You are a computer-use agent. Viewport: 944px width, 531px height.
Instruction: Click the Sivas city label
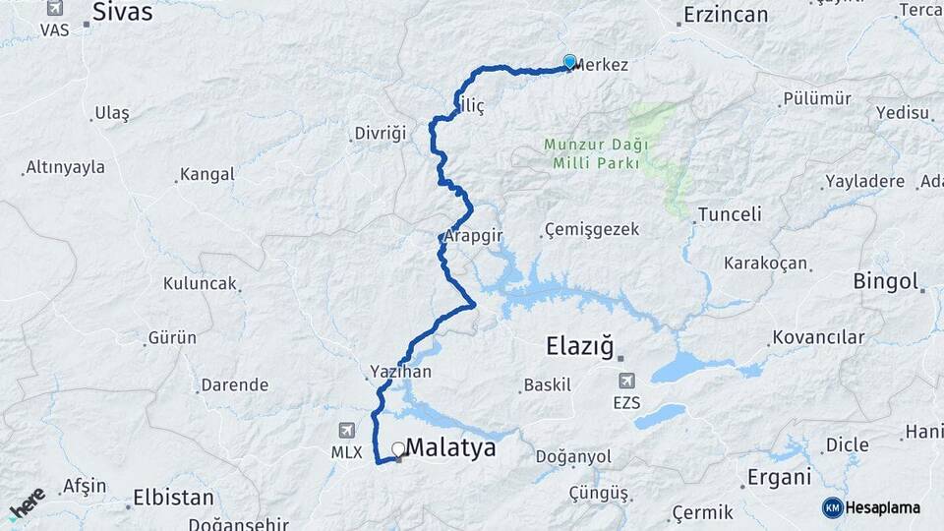coord(123,12)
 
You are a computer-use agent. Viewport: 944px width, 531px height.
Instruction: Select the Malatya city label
coord(450,447)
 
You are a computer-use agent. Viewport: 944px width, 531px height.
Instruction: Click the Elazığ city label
coord(579,345)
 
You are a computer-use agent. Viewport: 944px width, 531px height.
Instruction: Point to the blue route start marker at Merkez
coord(569,61)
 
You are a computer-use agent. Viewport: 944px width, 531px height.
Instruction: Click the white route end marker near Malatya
coord(398,449)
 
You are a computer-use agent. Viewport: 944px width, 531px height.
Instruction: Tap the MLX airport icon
coord(346,431)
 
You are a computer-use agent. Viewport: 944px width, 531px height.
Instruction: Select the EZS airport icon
coord(625,381)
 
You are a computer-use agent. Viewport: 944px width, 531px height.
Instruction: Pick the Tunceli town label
coord(730,214)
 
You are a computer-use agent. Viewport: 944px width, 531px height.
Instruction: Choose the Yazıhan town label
coord(400,372)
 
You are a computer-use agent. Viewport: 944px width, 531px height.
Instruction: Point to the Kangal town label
coord(207,175)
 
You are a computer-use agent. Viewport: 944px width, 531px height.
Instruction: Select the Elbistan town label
coord(173,495)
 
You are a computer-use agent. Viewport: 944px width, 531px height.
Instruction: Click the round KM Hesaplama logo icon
coord(833,507)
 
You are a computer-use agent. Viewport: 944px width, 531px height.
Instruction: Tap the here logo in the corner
coord(27,503)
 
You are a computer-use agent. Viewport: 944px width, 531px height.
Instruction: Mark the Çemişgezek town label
coord(591,230)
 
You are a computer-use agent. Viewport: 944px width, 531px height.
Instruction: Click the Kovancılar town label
coord(818,337)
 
